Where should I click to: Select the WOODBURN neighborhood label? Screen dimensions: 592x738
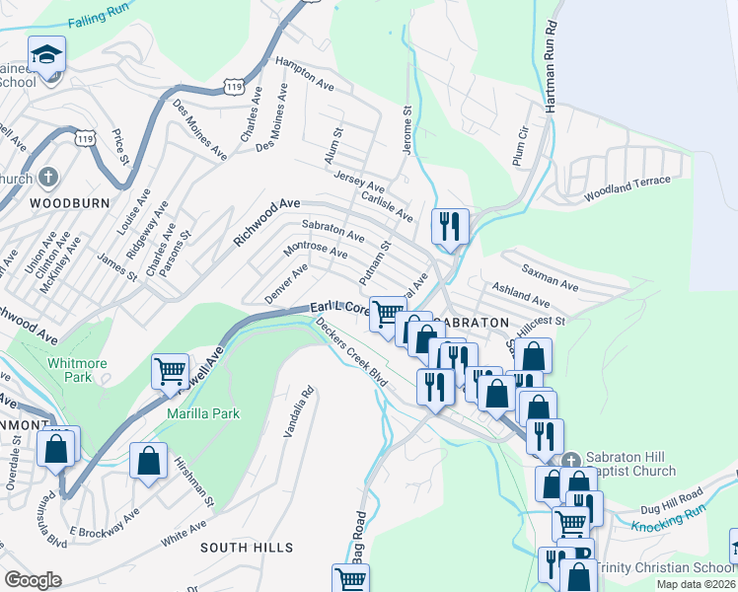pos(60,202)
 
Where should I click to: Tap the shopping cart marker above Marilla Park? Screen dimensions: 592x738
pos(170,372)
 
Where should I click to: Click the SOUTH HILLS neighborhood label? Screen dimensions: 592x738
pos(247,547)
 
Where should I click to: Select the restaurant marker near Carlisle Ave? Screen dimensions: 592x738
pos(449,227)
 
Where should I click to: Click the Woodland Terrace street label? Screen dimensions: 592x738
pos(627,189)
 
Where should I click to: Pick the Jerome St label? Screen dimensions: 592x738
pos(407,124)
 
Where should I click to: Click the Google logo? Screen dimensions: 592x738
pos(33,579)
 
